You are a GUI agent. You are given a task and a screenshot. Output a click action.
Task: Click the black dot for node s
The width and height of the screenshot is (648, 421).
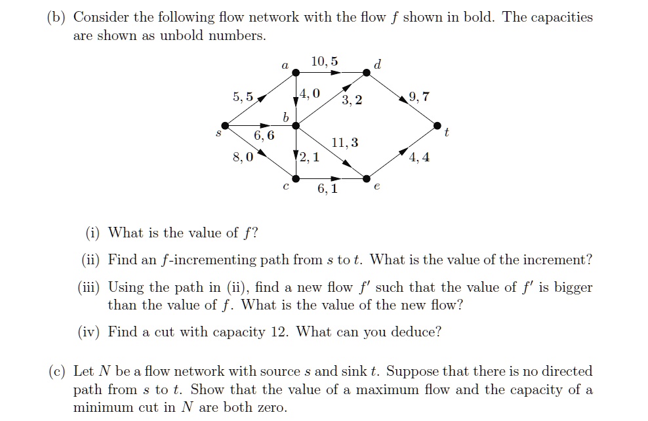(x=225, y=126)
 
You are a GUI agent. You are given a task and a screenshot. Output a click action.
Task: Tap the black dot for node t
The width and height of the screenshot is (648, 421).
(x=437, y=126)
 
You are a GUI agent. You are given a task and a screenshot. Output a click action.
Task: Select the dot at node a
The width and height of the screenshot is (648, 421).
(x=296, y=73)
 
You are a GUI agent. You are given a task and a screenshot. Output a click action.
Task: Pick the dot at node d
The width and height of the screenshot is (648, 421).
(x=367, y=73)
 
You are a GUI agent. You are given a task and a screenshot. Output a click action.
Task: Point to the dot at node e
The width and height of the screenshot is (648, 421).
(x=367, y=178)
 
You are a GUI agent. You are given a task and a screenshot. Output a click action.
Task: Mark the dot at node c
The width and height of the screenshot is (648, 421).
(x=296, y=178)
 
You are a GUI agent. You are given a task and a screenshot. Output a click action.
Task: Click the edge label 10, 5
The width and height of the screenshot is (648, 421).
(x=325, y=62)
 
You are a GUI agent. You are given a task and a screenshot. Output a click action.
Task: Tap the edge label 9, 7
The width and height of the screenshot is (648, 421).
(x=419, y=96)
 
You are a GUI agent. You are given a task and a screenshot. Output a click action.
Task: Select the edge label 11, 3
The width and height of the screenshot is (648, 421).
(x=345, y=142)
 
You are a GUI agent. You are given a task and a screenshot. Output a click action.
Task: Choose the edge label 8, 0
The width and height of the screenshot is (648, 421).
(x=243, y=157)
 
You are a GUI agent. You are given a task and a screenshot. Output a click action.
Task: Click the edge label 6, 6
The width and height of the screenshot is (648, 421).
(x=264, y=135)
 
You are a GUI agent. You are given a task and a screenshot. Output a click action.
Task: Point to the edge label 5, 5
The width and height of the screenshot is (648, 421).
(x=243, y=96)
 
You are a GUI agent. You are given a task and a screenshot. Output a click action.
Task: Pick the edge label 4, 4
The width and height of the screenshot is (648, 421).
(x=419, y=157)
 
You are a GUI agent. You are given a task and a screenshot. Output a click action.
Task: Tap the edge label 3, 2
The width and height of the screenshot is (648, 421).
(x=352, y=100)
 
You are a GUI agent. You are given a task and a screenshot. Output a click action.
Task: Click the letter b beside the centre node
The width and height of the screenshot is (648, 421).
(x=285, y=117)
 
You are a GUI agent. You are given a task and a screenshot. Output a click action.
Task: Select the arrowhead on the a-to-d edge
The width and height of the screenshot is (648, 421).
(x=336, y=73)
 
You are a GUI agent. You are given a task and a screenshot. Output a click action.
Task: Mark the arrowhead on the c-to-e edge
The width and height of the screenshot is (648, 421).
(x=336, y=178)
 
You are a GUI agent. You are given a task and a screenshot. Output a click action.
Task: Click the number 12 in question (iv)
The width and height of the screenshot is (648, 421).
(x=279, y=332)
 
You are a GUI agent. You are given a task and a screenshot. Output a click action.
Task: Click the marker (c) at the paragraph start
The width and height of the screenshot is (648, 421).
(x=56, y=371)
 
